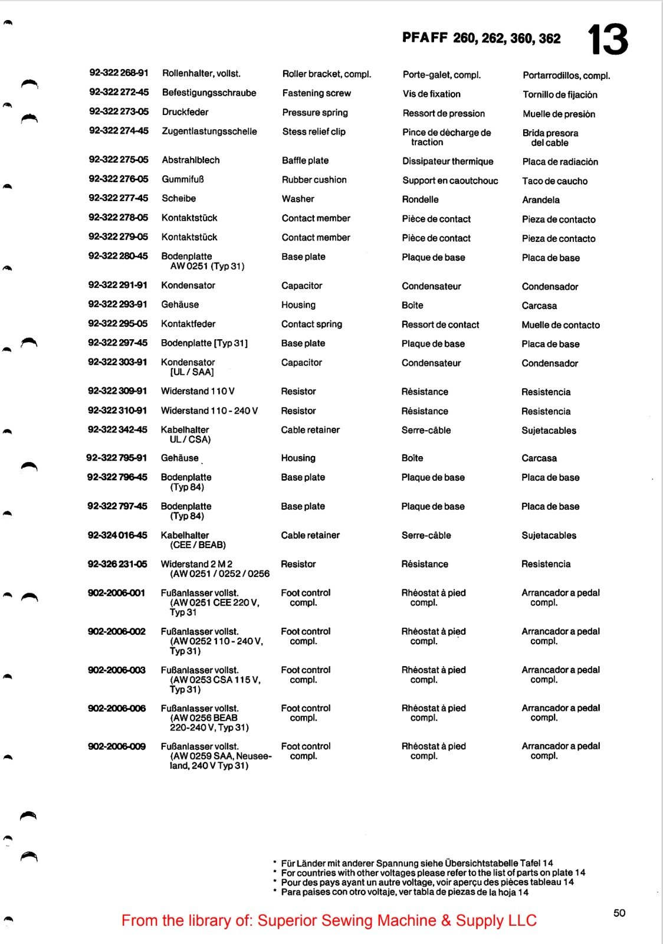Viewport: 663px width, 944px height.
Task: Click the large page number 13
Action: click(x=608, y=40)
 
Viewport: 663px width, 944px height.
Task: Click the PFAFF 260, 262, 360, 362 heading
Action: click(x=481, y=38)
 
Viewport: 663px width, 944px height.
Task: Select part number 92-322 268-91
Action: click(x=119, y=73)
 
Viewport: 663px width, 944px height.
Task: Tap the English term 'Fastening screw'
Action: click(x=316, y=93)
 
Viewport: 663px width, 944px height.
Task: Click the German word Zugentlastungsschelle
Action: click(x=209, y=131)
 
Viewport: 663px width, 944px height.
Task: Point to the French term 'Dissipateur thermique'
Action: click(x=448, y=161)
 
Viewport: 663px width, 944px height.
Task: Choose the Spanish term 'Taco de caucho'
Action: click(x=554, y=181)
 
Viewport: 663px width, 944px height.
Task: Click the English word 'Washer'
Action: click(x=298, y=199)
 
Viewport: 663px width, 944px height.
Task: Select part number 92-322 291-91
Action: click(x=117, y=285)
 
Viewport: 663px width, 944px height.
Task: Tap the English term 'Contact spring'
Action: click(x=311, y=324)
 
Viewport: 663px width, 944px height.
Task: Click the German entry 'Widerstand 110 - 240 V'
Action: click(x=209, y=411)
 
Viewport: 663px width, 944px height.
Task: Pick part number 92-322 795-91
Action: click(x=116, y=458)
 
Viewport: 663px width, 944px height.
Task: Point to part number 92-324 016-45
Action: click(x=117, y=535)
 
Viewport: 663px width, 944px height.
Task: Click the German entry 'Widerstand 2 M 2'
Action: click(x=196, y=564)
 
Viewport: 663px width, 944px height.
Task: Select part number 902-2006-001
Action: click(x=116, y=593)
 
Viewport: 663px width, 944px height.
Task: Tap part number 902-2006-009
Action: click(x=116, y=746)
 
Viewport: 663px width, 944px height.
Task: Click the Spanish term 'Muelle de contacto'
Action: click(x=560, y=325)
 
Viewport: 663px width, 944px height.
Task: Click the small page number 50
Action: click(x=619, y=913)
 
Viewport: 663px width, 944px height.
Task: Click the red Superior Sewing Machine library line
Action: click(x=329, y=920)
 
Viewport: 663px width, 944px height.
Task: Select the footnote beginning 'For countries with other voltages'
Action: click(x=433, y=873)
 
